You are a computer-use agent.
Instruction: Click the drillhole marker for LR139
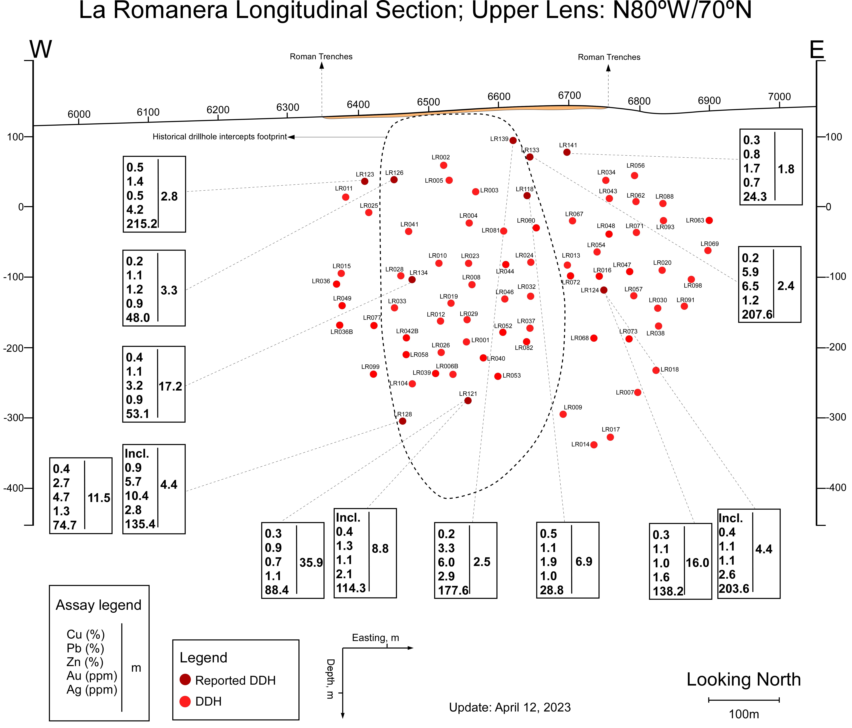click(x=513, y=141)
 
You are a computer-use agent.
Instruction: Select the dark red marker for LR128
click(x=403, y=421)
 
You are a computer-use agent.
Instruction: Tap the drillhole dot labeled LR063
click(x=709, y=220)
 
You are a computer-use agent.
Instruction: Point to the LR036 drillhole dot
click(x=336, y=284)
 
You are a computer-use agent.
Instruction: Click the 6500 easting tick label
click(x=429, y=102)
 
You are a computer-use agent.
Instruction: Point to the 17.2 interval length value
click(x=170, y=386)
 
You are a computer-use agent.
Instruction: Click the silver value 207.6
click(x=757, y=314)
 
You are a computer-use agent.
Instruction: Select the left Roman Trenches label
click(x=321, y=57)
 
